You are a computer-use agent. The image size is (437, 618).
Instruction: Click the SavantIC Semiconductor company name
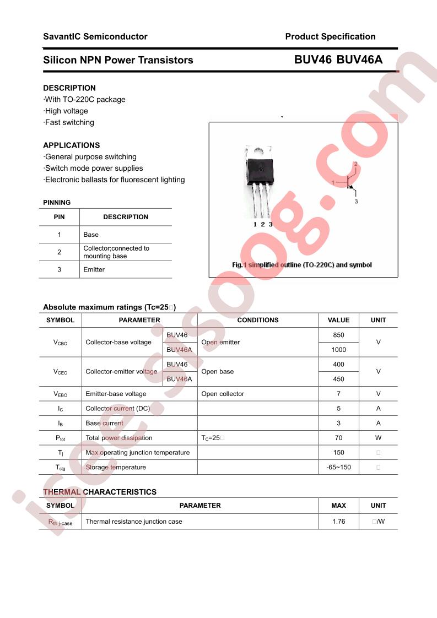[95, 37]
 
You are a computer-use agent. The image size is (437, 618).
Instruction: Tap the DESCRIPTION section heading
[69, 88]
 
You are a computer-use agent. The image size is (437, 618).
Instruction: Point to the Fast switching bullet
[69, 122]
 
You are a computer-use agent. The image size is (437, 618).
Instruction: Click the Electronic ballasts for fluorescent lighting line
[115, 180]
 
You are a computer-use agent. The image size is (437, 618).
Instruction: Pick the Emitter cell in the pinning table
[94, 269]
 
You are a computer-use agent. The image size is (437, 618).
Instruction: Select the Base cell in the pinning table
[91, 235]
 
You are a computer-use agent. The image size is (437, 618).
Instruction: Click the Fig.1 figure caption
[302, 265]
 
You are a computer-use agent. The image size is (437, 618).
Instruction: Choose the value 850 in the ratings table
[338, 335]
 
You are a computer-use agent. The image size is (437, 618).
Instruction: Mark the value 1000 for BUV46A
[338, 350]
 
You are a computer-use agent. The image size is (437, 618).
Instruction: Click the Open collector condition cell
[223, 394]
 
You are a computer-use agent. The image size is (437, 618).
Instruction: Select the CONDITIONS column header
[258, 320]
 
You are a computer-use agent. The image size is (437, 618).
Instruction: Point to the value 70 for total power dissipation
[338, 438]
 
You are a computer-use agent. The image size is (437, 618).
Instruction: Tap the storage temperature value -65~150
[338, 467]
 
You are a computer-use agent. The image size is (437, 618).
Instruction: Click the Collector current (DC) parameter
[126, 409]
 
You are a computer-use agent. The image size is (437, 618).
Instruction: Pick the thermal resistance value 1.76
[338, 521]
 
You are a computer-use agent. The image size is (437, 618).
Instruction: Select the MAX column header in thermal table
[338, 506]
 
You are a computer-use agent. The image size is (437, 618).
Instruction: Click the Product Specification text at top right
[330, 37]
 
